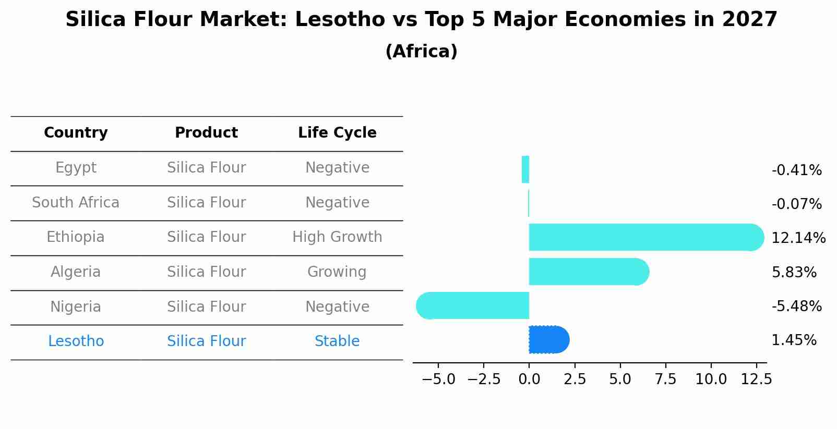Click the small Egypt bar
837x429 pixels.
(x=525, y=169)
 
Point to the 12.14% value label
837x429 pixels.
(x=798, y=238)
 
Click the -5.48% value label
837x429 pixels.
(x=796, y=307)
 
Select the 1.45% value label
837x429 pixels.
(x=794, y=340)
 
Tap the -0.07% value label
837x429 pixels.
(x=796, y=204)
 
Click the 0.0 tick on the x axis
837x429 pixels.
(x=529, y=379)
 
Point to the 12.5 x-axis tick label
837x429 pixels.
(x=756, y=379)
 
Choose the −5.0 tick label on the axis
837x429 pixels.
(x=438, y=379)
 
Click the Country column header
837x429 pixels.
(x=76, y=133)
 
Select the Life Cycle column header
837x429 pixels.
(x=337, y=133)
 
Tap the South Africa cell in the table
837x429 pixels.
(x=76, y=202)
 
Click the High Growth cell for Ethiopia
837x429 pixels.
(x=337, y=237)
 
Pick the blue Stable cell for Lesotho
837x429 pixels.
(x=337, y=341)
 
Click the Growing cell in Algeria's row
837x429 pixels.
(x=337, y=272)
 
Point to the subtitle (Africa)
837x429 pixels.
(x=421, y=52)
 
